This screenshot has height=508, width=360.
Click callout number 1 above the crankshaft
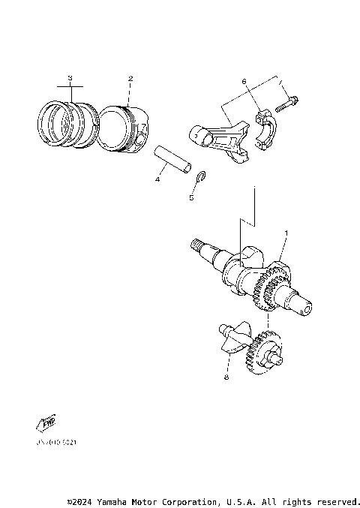[285, 234]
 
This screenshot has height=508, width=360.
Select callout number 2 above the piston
[130, 79]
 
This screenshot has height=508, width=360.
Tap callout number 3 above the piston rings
[70, 78]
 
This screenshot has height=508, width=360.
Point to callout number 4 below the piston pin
[157, 180]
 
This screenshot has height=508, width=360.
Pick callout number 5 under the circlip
[191, 199]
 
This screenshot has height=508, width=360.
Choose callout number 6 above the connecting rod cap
[244, 81]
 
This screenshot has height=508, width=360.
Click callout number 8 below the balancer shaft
[226, 378]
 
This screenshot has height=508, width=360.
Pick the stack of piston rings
[62, 120]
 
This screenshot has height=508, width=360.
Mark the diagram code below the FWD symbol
[54, 443]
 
